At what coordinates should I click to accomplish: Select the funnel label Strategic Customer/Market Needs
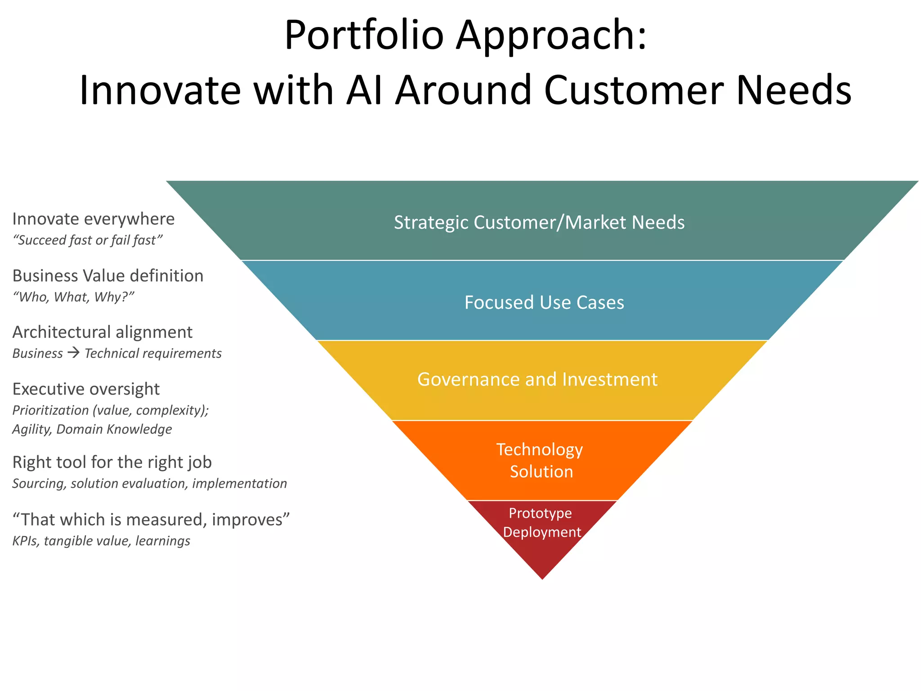[x=539, y=222]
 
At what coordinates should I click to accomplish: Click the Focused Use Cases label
[x=544, y=302]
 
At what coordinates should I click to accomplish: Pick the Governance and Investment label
[x=537, y=379]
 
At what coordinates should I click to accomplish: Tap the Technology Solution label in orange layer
[x=540, y=460]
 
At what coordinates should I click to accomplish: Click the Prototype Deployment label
[x=541, y=523]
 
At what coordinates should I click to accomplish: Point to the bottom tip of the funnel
[x=542, y=577]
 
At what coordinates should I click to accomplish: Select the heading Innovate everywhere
[x=94, y=219]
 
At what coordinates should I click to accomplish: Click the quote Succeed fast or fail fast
[x=87, y=240]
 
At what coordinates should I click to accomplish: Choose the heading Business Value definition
[x=108, y=275]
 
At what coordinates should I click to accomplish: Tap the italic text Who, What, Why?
[x=74, y=297]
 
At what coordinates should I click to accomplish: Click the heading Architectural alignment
[x=103, y=332]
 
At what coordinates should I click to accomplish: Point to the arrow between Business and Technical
[x=73, y=353]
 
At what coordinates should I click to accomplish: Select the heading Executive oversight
[x=86, y=389]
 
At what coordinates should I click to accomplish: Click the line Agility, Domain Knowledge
[x=92, y=429]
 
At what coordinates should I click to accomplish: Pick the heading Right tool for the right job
[x=112, y=462]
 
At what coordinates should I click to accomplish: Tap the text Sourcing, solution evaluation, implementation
[x=149, y=484]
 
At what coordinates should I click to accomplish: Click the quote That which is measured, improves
[x=151, y=519]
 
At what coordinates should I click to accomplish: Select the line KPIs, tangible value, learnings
[x=101, y=541]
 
